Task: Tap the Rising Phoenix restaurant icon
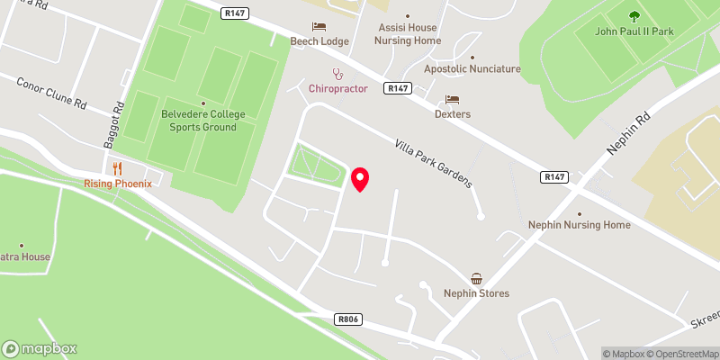pyautogui.click(x=117, y=168)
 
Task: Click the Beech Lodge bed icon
pyautogui.click(x=318, y=27)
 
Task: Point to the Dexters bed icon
pyautogui.click(x=453, y=99)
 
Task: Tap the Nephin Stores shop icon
pyautogui.click(x=476, y=279)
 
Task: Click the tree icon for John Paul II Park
pyautogui.click(x=634, y=15)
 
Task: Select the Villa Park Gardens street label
pyautogui.click(x=433, y=163)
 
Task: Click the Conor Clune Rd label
pyautogui.click(x=51, y=93)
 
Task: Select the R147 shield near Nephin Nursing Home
pyautogui.click(x=555, y=177)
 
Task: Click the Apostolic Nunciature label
pyautogui.click(x=472, y=68)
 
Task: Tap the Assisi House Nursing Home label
pyautogui.click(x=408, y=33)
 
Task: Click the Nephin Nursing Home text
pyautogui.click(x=579, y=224)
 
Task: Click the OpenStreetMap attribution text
pyautogui.click(x=675, y=354)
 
